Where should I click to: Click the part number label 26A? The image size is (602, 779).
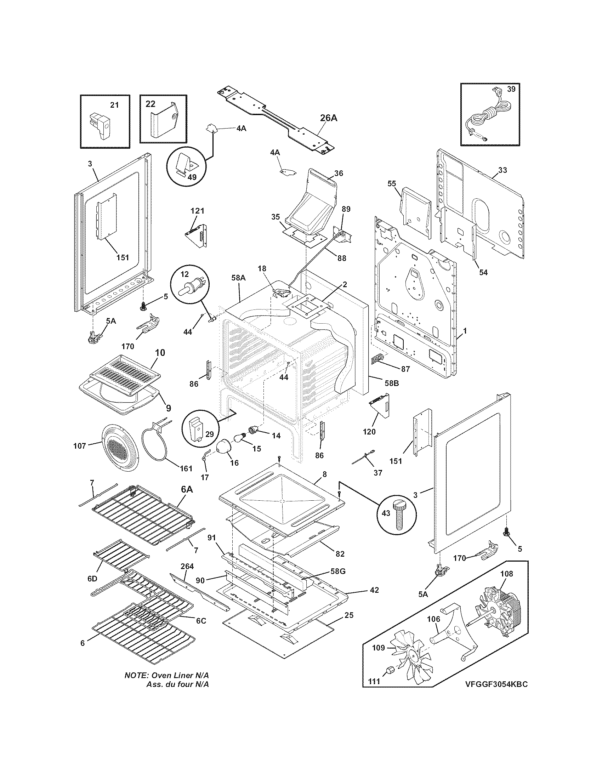[328, 118]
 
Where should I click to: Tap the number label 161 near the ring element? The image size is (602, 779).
[186, 468]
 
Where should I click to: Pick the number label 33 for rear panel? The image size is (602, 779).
[502, 170]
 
